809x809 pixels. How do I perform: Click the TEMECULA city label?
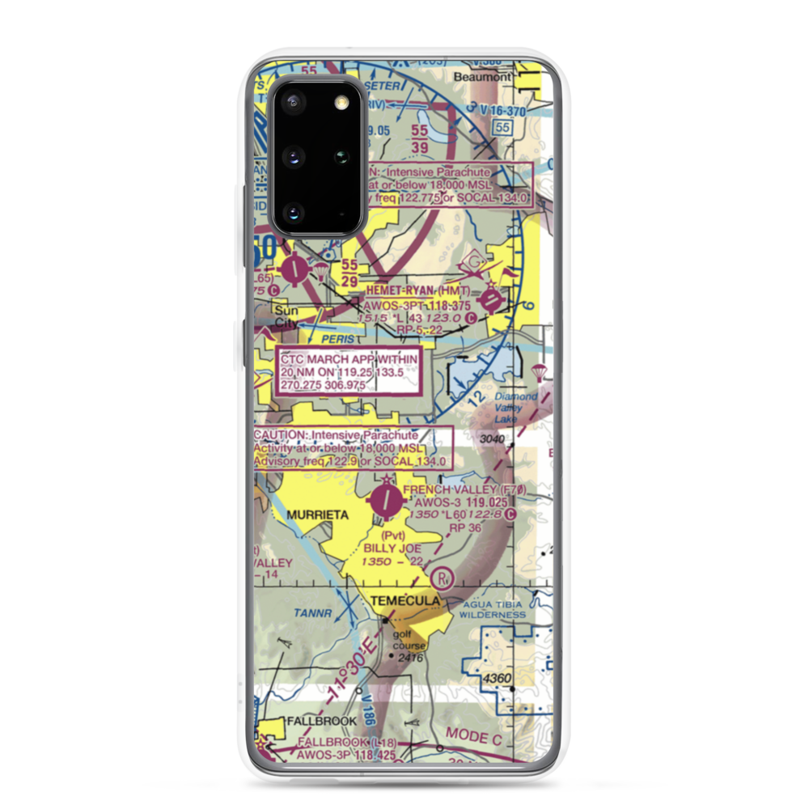point(405,601)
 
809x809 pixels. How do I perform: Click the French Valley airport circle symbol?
point(385,502)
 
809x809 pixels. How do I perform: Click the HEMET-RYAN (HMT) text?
point(417,290)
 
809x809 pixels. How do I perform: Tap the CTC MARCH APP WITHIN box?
point(349,371)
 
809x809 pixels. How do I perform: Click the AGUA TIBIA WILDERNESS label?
point(493,609)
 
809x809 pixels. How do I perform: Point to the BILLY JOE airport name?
point(392,548)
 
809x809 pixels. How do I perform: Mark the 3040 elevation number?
point(492,439)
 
